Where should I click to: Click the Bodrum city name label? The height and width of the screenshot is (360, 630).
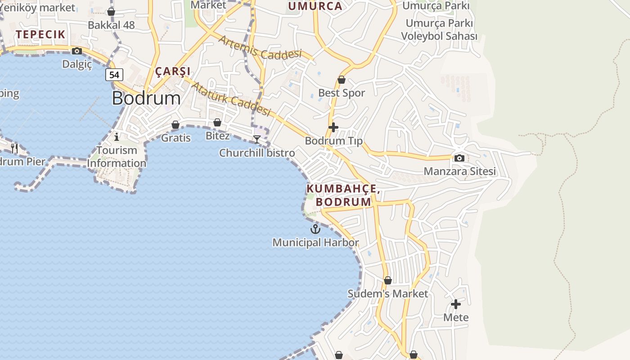click(146, 98)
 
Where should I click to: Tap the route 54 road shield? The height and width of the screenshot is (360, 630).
click(114, 75)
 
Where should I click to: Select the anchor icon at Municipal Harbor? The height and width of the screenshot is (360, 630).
click(315, 229)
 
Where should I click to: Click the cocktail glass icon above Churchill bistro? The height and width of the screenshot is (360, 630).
click(256, 139)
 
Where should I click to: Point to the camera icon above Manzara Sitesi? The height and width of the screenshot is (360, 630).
click(459, 158)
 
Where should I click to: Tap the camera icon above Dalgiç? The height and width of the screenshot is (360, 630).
click(77, 51)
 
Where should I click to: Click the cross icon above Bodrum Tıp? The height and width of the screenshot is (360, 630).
click(333, 127)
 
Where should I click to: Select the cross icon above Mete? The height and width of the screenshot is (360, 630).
click(456, 304)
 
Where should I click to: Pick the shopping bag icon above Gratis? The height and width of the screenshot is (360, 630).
click(175, 125)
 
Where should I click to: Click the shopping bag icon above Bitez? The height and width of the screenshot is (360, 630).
click(217, 122)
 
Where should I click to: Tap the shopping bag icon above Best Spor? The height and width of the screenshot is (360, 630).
click(342, 80)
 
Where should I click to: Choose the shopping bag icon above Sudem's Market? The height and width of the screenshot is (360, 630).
click(388, 280)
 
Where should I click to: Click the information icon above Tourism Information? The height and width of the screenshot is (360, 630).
click(117, 136)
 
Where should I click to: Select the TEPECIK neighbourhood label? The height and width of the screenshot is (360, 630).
click(40, 34)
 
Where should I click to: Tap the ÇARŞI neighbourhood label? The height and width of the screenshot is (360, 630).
click(173, 71)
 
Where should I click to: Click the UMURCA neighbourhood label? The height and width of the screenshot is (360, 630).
click(315, 6)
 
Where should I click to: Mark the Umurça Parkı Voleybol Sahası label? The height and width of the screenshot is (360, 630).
click(439, 30)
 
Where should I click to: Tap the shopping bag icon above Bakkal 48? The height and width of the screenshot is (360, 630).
click(111, 12)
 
